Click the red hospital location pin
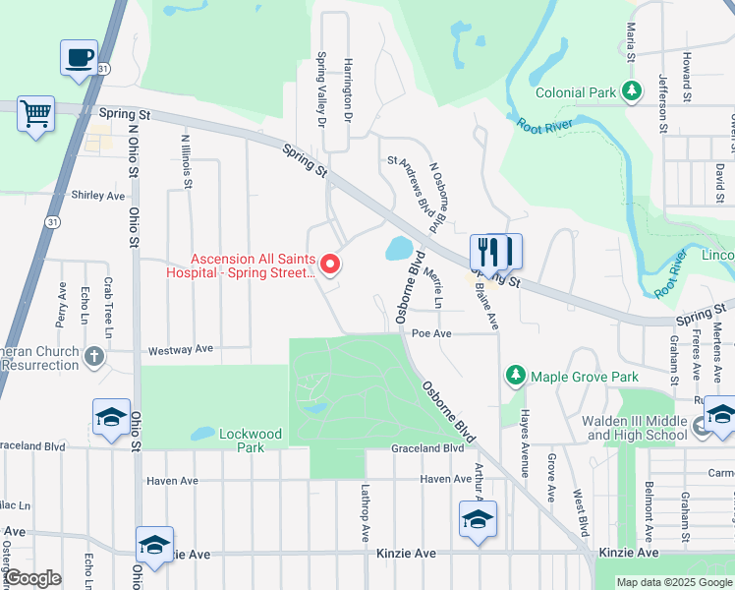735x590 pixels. pyautogui.click(x=331, y=264)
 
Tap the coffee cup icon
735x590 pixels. pyautogui.click(x=79, y=57)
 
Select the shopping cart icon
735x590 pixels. pyautogui.click(x=36, y=114)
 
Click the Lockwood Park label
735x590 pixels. pyautogui.click(x=251, y=440)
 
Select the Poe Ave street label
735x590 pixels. pyautogui.click(x=431, y=333)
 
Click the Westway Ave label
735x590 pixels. pyautogui.click(x=180, y=349)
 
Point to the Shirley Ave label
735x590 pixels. pyautogui.click(x=98, y=195)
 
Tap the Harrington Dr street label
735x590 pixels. pyautogui.click(x=347, y=89)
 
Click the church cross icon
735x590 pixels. pyautogui.click(x=94, y=356)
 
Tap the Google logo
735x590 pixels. pyautogui.click(x=32, y=578)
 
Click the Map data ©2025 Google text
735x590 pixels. pyautogui.click(x=673, y=582)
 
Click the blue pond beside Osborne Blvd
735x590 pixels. pyautogui.click(x=399, y=248)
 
